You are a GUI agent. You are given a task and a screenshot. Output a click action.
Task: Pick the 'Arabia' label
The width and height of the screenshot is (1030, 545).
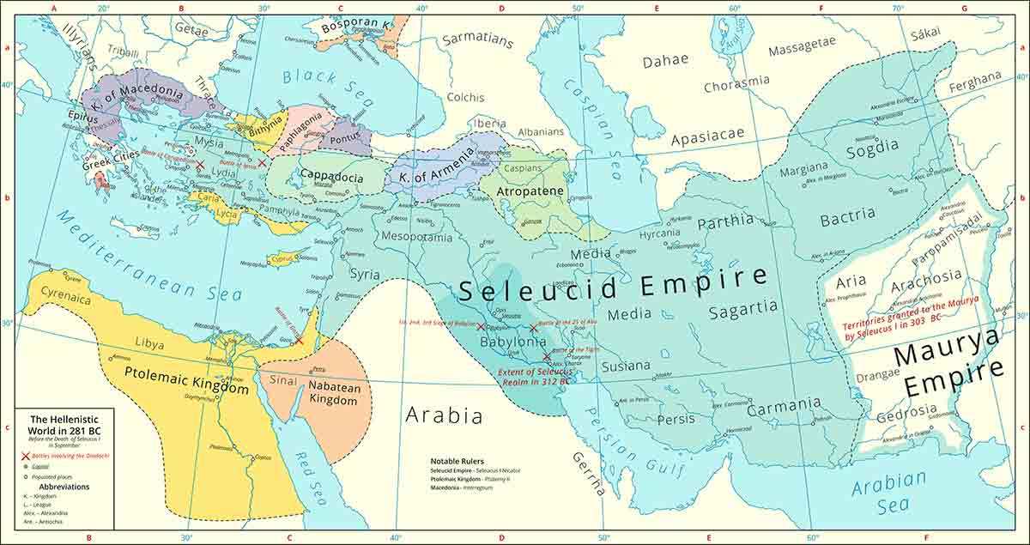pyautogui.click(x=444, y=417)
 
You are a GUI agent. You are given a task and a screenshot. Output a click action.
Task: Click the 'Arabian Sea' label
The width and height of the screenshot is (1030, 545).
pyautogui.click(x=889, y=494)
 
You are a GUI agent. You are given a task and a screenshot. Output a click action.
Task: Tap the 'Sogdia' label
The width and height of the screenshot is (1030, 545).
pyautogui.click(x=872, y=152)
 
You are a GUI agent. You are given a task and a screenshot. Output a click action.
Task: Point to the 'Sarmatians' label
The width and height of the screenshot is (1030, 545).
pyautogui.click(x=477, y=39)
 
